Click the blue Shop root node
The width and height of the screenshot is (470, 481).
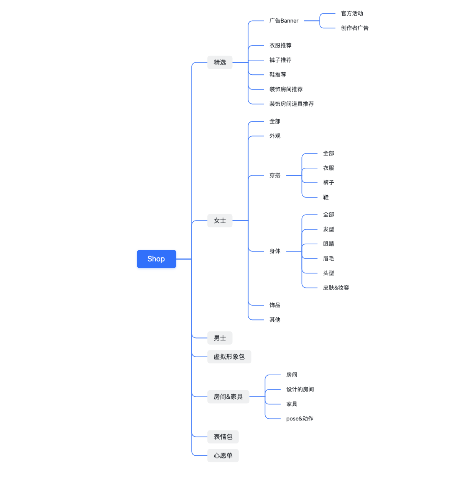tap(156, 259)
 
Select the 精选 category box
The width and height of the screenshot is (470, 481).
tap(220, 62)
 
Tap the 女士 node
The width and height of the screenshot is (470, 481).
tap(220, 221)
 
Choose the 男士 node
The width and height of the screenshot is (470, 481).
tap(220, 338)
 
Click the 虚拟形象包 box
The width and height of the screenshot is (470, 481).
tap(229, 357)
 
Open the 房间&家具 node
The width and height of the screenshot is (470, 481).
tap(228, 397)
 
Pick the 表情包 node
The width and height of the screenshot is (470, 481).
tap(223, 437)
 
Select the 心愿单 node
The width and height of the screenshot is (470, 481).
tap(223, 455)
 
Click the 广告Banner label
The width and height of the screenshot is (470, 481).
tap(284, 21)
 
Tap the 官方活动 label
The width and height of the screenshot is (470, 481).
tap(352, 13)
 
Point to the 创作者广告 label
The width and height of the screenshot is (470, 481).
tap(355, 28)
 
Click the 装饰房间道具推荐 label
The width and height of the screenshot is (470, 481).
tap(291, 104)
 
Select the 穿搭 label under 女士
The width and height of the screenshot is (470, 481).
tap(275, 175)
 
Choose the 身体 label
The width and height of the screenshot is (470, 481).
tap(275, 251)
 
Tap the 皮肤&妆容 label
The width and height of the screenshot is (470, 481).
tap(336, 288)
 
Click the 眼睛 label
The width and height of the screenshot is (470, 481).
tap(329, 244)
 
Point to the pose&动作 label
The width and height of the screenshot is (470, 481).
tap(299, 419)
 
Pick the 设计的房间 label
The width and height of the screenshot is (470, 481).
tap(300, 389)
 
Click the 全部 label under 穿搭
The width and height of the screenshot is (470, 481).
tap(329, 153)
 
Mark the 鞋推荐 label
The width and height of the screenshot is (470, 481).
tap(278, 75)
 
